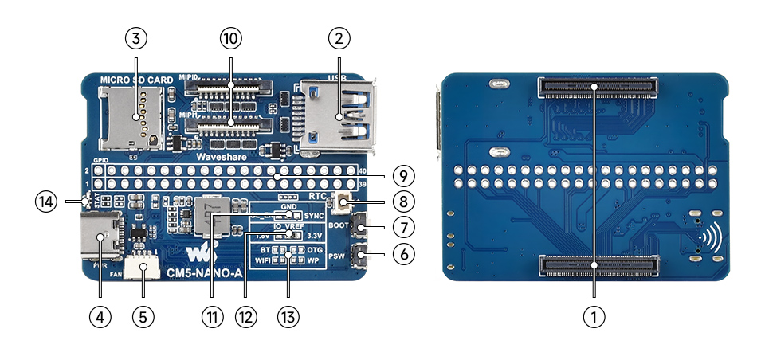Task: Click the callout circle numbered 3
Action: click(135, 38)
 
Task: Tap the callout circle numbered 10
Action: click(230, 38)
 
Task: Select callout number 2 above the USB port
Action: click(339, 38)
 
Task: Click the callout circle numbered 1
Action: click(593, 317)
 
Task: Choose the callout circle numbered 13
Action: click(288, 317)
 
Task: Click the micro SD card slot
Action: click(130, 119)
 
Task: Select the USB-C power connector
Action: click(103, 235)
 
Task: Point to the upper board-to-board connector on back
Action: click(599, 86)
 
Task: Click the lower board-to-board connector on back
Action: click(599, 266)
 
